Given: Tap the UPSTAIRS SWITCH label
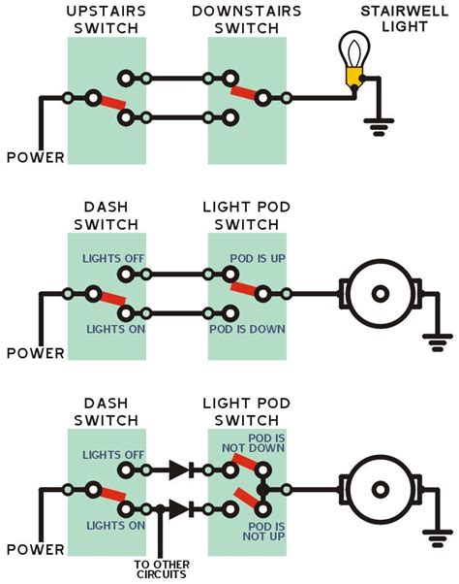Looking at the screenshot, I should point(107,20).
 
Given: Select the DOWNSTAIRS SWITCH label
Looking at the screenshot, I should point(246,20).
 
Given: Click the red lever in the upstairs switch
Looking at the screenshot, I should point(108,103).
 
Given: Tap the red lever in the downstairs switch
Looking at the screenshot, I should point(247,92).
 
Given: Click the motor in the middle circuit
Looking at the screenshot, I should point(382,292).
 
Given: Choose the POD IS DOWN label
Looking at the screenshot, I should point(246,330).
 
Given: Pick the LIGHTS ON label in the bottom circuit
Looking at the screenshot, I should point(107,525).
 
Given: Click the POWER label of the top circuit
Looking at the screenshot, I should point(36,157).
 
